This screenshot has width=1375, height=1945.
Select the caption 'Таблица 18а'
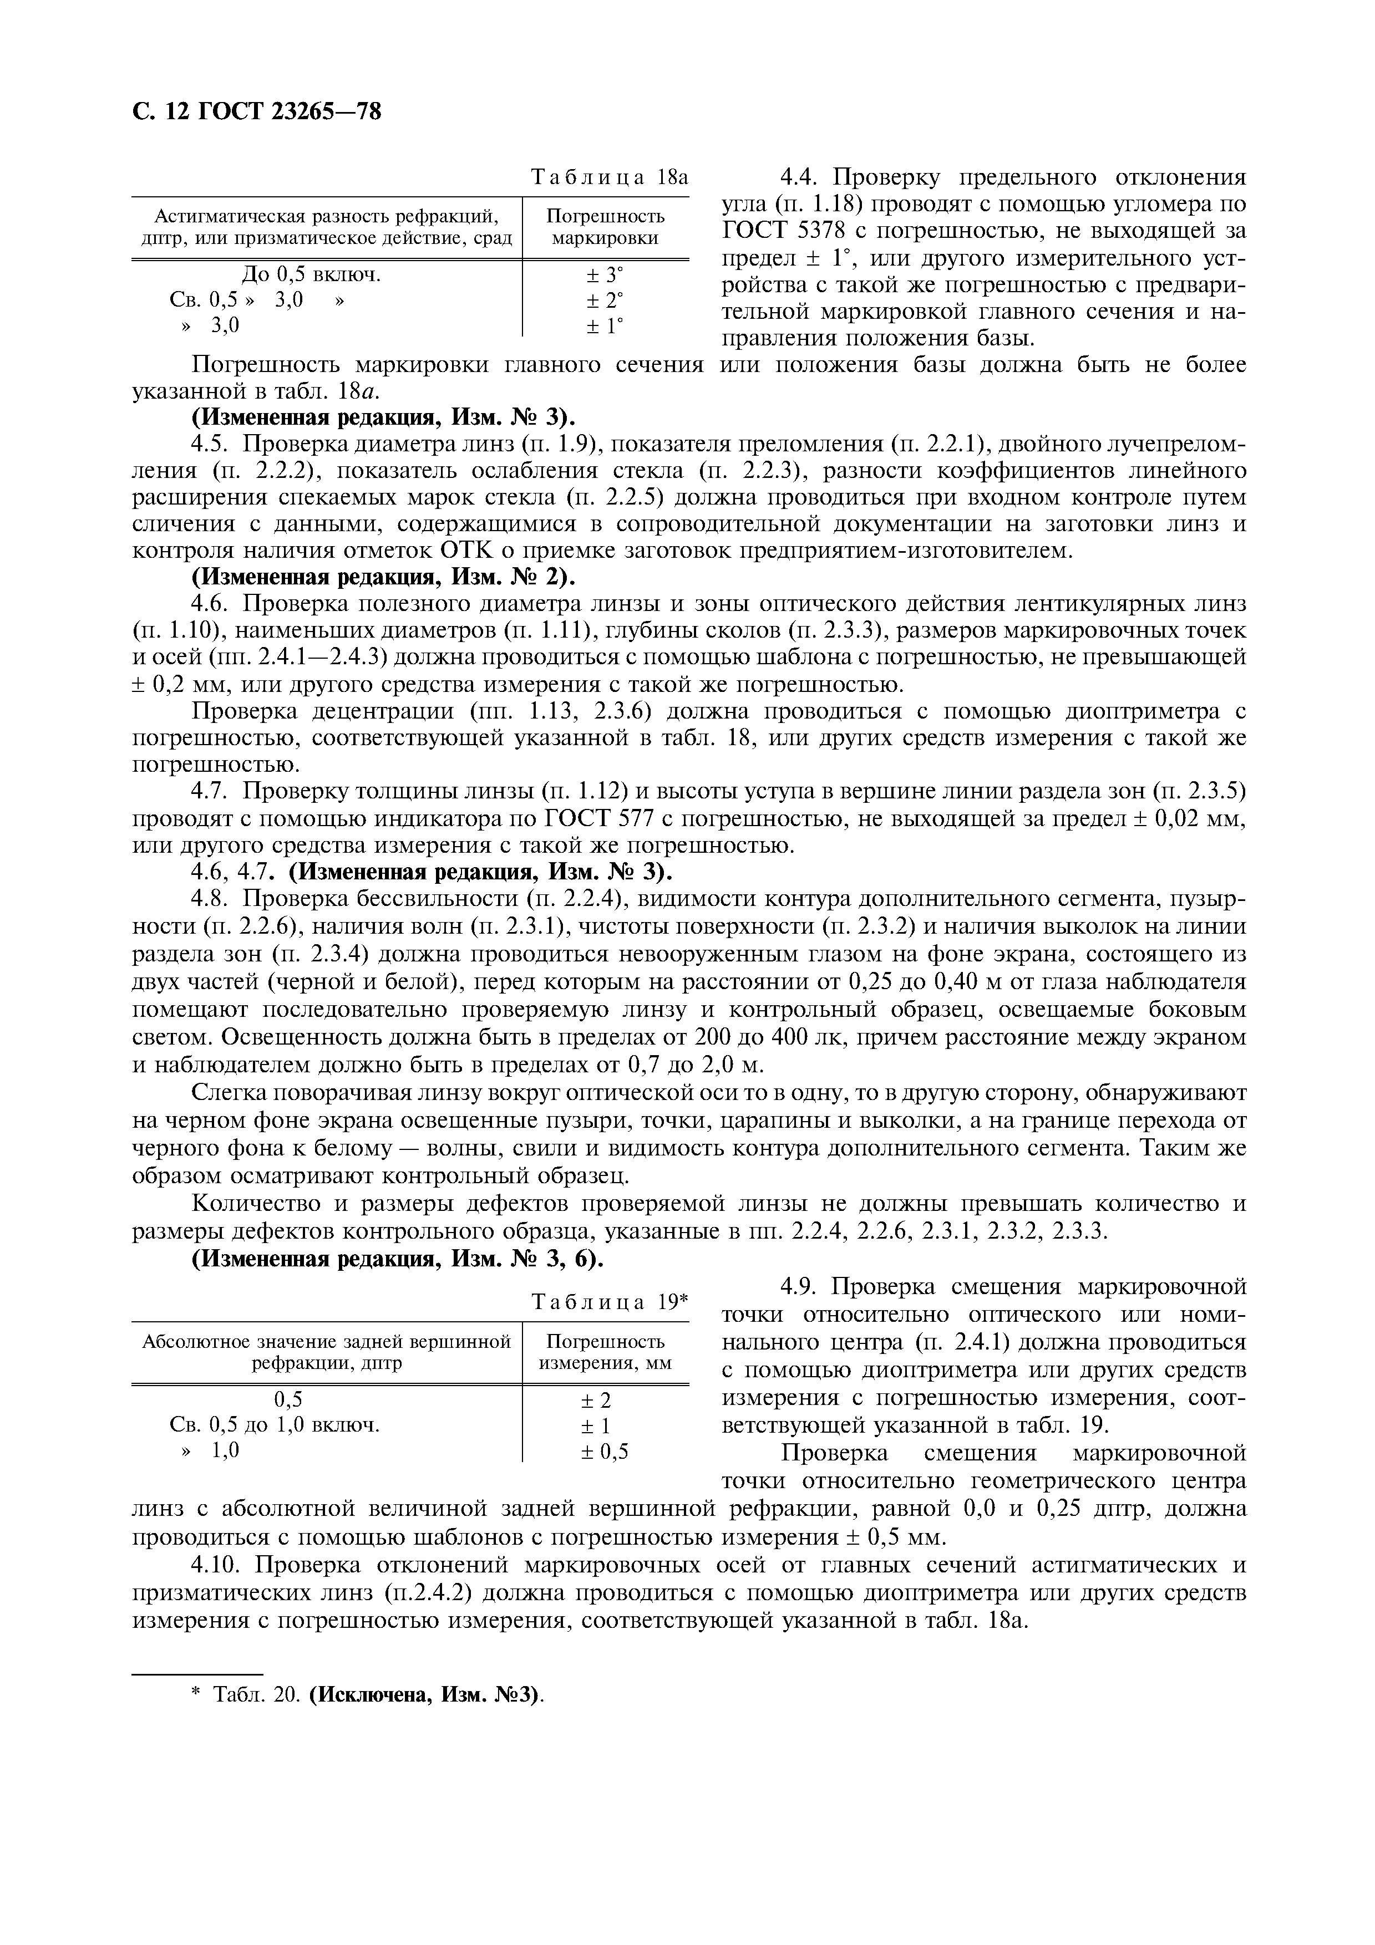(609, 177)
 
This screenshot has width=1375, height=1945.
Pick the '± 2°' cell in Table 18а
(605, 300)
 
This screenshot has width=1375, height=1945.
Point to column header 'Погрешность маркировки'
(605, 227)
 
